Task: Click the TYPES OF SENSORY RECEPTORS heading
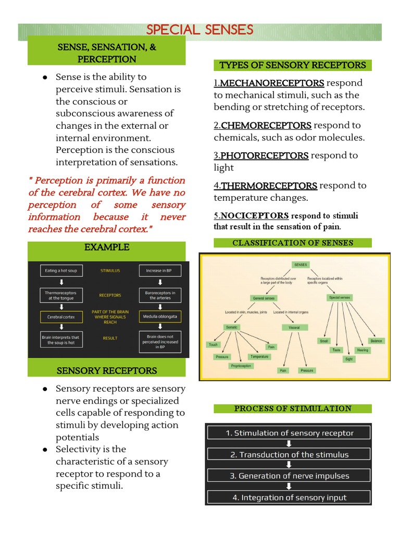(x=293, y=65)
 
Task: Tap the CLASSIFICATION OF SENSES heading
(x=293, y=242)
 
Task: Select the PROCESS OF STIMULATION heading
(x=293, y=408)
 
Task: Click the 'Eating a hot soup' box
(x=62, y=271)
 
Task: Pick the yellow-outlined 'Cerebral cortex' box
(x=62, y=317)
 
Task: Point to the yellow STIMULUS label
(x=110, y=271)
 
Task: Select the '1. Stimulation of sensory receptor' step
(x=289, y=433)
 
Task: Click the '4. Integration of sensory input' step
(x=289, y=497)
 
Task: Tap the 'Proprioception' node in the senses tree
(x=241, y=366)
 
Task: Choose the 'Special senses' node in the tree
(x=340, y=298)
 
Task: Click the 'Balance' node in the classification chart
(x=376, y=341)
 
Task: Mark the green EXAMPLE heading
(x=106, y=247)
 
